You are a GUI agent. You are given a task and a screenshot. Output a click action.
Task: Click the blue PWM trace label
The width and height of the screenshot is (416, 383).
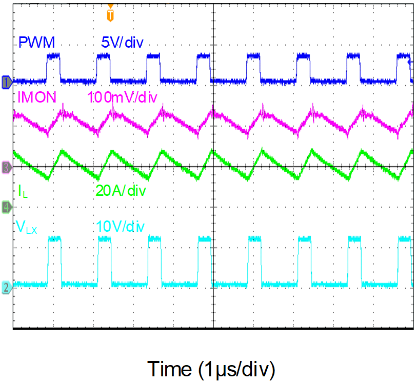[x=36, y=43]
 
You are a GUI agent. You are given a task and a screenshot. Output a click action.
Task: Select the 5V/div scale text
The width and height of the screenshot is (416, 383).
[x=122, y=43]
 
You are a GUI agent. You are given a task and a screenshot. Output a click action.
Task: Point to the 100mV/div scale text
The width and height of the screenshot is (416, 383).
[x=122, y=96]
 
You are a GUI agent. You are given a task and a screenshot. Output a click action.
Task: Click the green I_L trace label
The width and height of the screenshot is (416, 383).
[x=23, y=192]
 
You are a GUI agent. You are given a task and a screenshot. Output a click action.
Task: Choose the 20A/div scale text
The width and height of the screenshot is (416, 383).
[x=121, y=191]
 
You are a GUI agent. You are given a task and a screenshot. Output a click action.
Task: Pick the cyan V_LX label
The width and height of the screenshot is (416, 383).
[x=27, y=226]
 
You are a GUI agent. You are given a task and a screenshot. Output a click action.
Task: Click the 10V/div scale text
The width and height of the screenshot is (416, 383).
[x=121, y=226]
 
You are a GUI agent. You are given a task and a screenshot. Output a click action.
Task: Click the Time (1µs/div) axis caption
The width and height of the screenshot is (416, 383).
[x=211, y=368]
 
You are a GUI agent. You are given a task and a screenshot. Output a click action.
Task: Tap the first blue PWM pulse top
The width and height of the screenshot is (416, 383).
[x=54, y=56]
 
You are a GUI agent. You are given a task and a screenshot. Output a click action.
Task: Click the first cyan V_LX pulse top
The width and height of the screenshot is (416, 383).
[x=54, y=239]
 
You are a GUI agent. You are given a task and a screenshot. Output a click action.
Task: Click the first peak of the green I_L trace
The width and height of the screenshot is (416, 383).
[x=62, y=151]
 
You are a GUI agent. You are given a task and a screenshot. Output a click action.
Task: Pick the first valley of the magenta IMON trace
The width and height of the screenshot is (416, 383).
[x=48, y=134]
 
